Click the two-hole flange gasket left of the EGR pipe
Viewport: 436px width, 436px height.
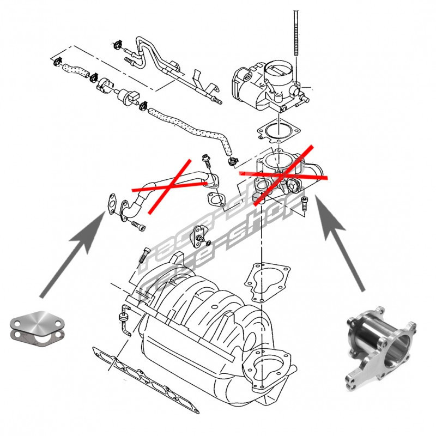[111, 202]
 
